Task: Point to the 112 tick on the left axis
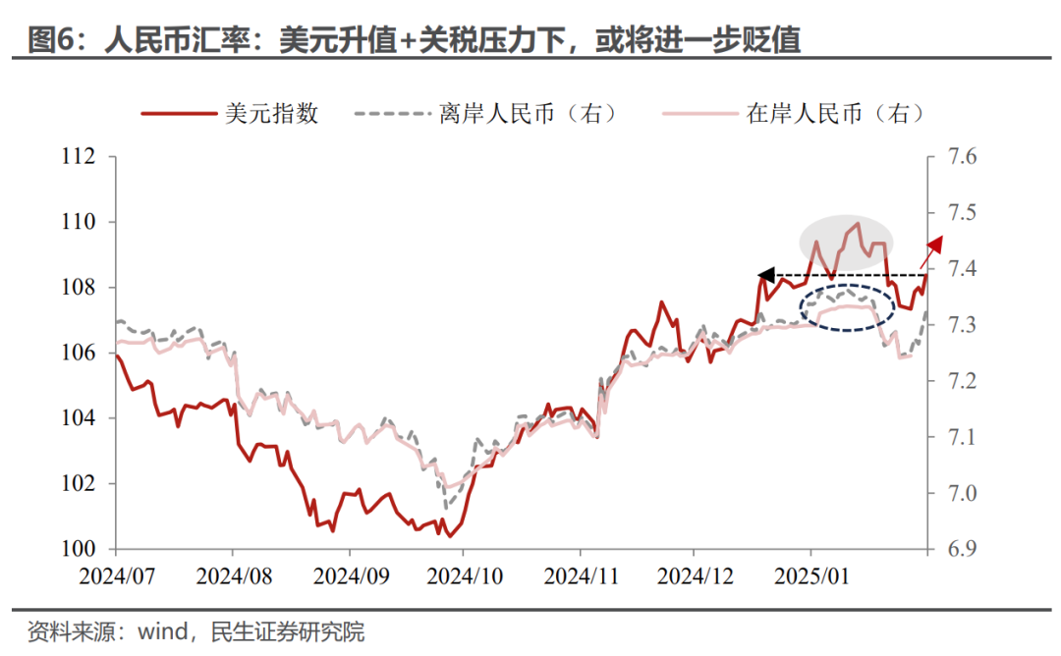coord(80,157)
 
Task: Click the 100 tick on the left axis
coord(80,549)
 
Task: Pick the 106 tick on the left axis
coord(80,353)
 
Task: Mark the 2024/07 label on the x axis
coord(117,575)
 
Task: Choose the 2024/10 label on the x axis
coord(463,575)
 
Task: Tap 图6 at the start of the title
coord(45,39)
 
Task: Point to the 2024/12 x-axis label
coord(694,575)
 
